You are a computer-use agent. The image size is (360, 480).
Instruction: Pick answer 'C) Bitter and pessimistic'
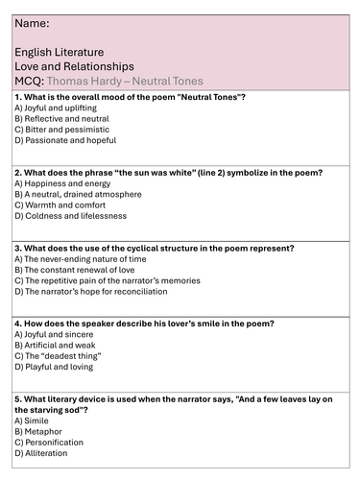[x=61, y=128]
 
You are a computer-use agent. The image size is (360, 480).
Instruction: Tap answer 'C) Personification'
[x=49, y=442]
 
